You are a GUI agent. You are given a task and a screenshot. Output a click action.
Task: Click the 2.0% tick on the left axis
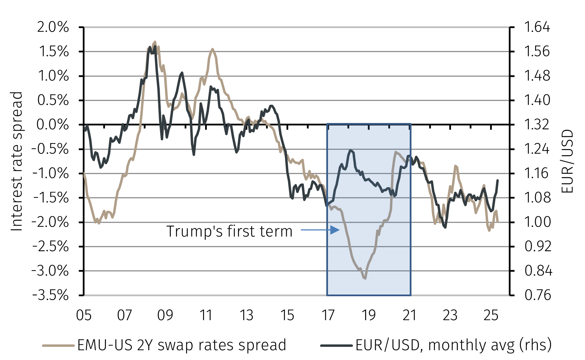[53, 27]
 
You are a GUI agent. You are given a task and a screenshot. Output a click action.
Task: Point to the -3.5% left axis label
[51, 295]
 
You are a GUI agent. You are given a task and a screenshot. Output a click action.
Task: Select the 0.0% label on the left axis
[53, 125]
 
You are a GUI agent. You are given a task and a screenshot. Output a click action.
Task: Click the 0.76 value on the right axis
[538, 295]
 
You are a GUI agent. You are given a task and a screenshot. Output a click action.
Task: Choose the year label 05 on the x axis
[84, 315]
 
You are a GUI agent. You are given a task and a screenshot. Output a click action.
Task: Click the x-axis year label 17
[328, 315]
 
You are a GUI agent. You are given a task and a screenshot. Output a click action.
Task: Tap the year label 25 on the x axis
[491, 315]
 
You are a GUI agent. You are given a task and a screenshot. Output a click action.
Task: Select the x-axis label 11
[206, 315]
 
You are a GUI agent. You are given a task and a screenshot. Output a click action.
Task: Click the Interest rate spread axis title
[17, 161]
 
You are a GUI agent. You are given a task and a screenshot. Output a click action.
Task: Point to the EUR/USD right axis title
[567, 161]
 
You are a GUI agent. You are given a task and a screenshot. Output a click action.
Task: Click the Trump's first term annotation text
[229, 231]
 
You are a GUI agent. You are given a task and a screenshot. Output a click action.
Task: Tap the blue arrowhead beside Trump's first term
[335, 230]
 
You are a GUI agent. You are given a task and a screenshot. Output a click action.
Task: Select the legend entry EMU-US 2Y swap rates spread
[181, 345]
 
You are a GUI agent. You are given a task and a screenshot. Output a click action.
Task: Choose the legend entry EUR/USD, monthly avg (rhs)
[453, 345]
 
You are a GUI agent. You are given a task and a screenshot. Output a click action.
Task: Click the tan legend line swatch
[58, 345]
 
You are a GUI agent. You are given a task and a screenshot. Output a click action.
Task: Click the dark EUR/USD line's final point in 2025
[498, 180]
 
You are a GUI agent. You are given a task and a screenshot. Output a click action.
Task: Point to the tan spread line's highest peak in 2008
[155, 42]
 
